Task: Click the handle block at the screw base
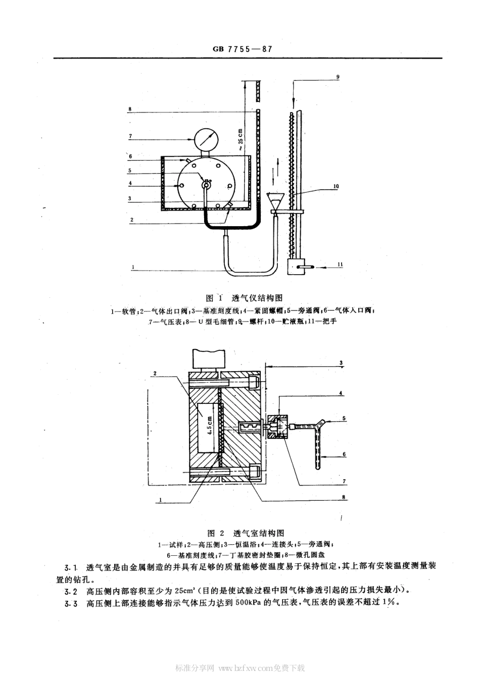pyautogui.click(x=297, y=267)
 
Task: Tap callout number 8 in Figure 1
pyautogui.click(x=130, y=109)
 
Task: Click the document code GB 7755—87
pyautogui.click(x=243, y=49)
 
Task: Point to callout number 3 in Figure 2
pyautogui.click(x=341, y=362)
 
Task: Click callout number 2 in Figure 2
pyautogui.click(x=155, y=374)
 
